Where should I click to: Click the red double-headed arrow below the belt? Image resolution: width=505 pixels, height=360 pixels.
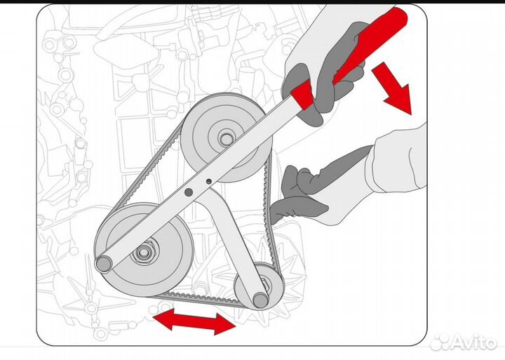[194, 321]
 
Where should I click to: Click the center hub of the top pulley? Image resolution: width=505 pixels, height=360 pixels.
[225, 139]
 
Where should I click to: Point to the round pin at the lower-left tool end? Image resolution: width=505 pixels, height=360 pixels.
[104, 264]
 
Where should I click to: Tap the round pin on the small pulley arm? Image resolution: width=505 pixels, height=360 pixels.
[260, 300]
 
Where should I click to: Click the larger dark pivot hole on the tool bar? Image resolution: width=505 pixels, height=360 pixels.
[189, 192]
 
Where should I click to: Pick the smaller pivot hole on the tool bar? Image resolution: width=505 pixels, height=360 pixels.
[209, 182]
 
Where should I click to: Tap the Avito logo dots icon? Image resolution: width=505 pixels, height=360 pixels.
[440, 342]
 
